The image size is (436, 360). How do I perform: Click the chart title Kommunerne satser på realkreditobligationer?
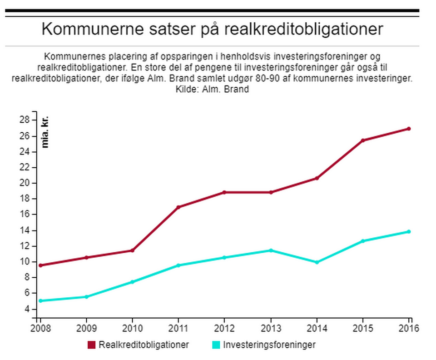click(x=213, y=29)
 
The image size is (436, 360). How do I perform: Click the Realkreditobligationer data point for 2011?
click(x=178, y=207)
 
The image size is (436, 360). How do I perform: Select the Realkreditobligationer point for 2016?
click(x=409, y=129)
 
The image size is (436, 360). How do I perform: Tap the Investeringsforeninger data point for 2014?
click(x=317, y=262)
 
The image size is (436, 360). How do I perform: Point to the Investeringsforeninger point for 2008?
click(x=40, y=301)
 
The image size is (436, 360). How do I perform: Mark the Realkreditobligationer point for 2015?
click(x=363, y=140)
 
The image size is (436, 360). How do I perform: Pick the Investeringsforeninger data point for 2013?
click(x=271, y=250)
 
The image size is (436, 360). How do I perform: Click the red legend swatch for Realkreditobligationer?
click(x=92, y=345)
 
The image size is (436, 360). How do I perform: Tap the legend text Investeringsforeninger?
click(x=269, y=345)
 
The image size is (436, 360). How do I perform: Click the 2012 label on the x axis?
click(x=224, y=327)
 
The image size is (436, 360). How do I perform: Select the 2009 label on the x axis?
click(x=86, y=327)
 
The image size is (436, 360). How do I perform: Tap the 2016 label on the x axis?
click(x=408, y=327)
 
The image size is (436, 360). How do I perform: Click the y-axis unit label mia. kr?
click(x=45, y=132)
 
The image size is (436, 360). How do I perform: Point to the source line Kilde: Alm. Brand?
click(x=212, y=90)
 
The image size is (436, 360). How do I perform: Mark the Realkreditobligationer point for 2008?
click(x=40, y=265)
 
